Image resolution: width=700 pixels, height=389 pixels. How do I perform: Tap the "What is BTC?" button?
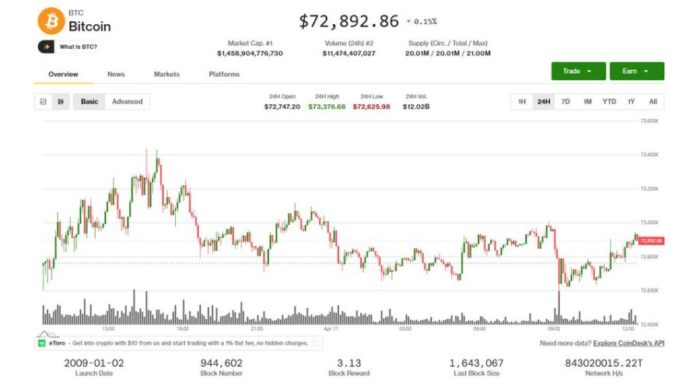pos(70,47)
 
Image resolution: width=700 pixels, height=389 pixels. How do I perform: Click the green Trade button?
pos(578,71)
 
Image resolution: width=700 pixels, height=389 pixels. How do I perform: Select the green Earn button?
pos(636,71)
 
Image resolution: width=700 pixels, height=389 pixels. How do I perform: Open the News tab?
pos(116,75)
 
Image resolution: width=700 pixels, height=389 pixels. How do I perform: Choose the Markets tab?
pos(166,75)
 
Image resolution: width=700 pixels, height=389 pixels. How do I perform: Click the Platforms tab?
pos(224,75)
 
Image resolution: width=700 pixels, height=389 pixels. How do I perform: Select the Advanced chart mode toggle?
pos(128,102)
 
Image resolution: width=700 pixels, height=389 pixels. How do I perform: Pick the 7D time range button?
pos(565,102)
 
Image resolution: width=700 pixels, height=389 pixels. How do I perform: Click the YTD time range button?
pos(609,102)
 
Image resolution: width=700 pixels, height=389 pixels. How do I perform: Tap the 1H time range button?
pos(522,102)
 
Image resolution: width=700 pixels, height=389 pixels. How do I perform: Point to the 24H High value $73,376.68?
pos(327,107)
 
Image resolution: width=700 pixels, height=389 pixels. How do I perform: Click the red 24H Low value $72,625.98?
pos(372,107)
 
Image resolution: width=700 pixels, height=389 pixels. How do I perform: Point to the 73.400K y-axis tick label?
pos(649,155)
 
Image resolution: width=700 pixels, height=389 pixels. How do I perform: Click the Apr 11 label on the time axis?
pos(331,329)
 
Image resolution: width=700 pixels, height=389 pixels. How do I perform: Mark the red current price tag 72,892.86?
pos(651,240)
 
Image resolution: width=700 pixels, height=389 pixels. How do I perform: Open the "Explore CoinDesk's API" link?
pos(628,343)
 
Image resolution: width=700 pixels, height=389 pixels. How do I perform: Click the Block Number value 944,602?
pos(221,363)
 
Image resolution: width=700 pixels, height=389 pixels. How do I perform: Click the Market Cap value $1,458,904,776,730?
pos(250,54)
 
